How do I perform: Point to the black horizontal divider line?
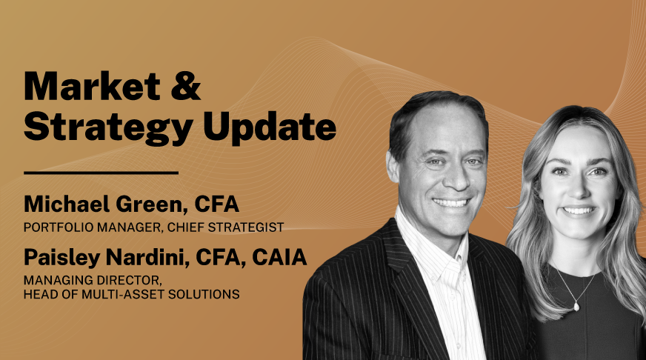101,173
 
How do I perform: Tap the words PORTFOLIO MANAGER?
81,227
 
